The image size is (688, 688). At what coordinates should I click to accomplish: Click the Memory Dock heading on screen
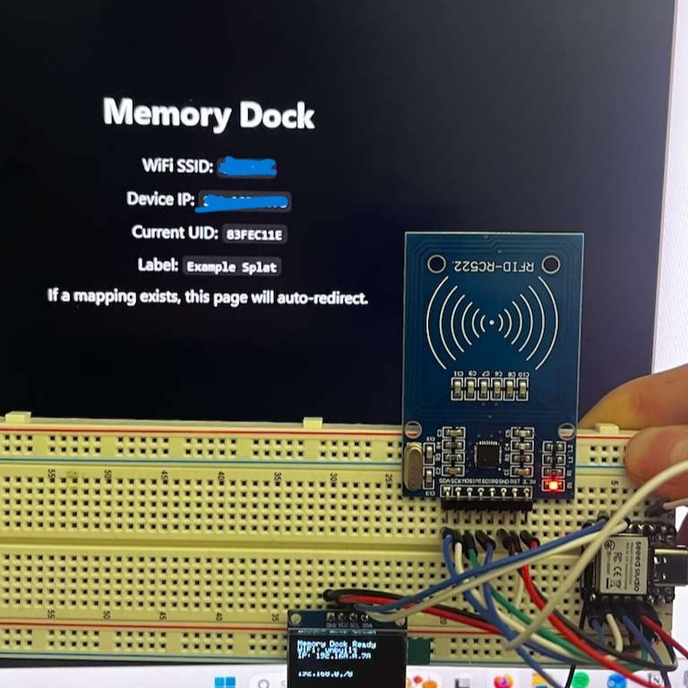(x=209, y=115)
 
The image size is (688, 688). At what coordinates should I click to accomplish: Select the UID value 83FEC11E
(x=254, y=235)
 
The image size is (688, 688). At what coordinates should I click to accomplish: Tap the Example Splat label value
(x=232, y=267)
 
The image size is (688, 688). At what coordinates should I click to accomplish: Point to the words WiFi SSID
(x=177, y=166)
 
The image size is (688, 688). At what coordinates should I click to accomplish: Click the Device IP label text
(x=162, y=199)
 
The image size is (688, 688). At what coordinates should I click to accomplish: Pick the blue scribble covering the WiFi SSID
(x=247, y=166)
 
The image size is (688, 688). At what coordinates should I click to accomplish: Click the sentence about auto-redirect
(x=208, y=297)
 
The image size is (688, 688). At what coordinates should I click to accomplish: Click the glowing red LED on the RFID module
(x=553, y=485)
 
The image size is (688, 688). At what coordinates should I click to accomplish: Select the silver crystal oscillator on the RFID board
(x=413, y=469)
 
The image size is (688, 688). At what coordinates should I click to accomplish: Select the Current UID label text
(x=175, y=232)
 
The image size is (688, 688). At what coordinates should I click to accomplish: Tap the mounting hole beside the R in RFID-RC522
(x=552, y=264)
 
